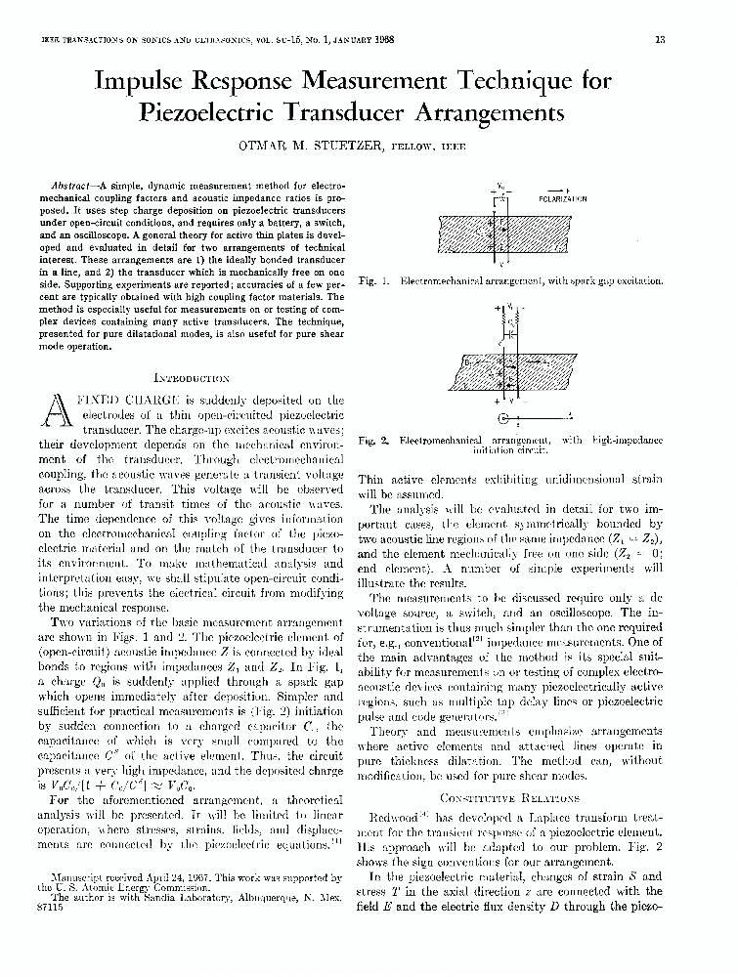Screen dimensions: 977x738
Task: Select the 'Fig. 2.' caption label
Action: (374, 441)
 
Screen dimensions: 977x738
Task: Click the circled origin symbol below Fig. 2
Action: (504, 418)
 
